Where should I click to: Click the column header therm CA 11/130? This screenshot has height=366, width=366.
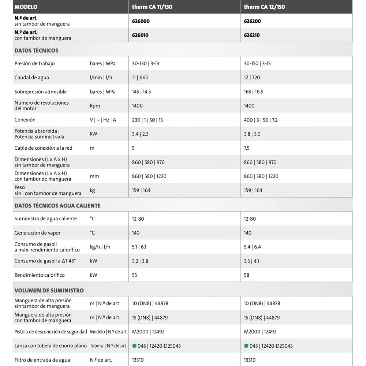[152, 7]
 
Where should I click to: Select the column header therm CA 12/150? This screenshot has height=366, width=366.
[264, 7]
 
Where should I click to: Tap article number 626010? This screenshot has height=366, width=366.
[141, 35]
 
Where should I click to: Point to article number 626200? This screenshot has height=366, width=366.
[253, 21]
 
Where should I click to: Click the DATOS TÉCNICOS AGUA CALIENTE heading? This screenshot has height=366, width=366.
[57, 206]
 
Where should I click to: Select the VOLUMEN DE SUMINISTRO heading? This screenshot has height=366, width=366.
[49, 291]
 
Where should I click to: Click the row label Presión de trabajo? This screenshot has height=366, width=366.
[34, 64]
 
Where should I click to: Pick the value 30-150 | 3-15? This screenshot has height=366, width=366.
[257, 64]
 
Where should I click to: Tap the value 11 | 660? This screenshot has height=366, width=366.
[140, 78]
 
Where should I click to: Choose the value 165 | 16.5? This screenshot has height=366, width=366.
[253, 92]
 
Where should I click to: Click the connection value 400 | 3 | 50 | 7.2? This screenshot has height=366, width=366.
[261, 120]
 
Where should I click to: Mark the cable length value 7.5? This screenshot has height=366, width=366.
[247, 148]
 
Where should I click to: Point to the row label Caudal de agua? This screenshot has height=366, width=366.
[31, 78]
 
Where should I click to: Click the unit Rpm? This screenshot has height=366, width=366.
[95, 106]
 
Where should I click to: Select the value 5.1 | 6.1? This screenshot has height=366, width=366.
[139, 247]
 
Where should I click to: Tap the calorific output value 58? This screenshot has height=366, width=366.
[247, 275]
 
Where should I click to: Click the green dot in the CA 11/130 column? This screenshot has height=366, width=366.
[134, 346]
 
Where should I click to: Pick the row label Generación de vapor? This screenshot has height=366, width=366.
[37, 233]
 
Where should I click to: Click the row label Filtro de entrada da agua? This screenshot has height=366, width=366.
[42, 360]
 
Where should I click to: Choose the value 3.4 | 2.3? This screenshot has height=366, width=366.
[140, 134]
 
